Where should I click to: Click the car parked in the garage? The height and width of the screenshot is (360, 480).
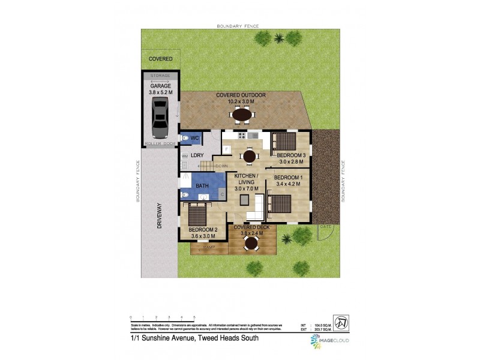pyautogui.click(x=160, y=118)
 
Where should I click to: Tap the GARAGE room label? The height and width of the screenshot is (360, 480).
pyautogui.click(x=160, y=86)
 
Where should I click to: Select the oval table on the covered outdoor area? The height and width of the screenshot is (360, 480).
pyautogui.click(x=242, y=114)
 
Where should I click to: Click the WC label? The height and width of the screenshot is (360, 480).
pyautogui.click(x=195, y=139)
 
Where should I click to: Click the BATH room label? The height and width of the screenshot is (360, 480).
pyautogui.click(x=202, y=186)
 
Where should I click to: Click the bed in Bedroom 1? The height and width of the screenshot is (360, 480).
pyautogui.click(x=279, y=204)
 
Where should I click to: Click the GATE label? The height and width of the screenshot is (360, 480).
pyautogui.click(x=326, y=227)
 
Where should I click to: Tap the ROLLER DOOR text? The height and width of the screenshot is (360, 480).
pyautogui.click(x=160, y=144)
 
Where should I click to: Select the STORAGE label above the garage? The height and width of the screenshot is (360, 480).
pyautogui.click(x=160, y=76)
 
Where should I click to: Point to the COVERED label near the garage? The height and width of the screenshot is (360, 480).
pyautogui.click(x=161, y=59)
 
